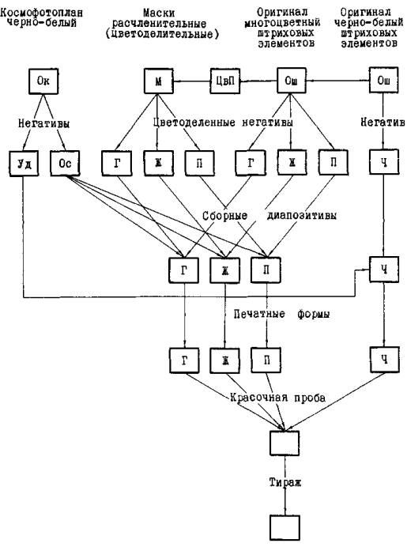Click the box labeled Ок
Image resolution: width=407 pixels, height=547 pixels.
point(43,81)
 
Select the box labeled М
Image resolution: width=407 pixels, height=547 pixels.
point(159,81)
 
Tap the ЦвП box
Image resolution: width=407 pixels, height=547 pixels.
point(225,81)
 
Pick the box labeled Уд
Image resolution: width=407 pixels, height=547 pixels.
point(24,164)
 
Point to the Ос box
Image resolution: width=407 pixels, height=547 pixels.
point(66,163)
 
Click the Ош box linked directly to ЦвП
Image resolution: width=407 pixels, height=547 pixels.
point(292,81)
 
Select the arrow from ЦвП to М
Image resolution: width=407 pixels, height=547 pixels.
point(192,81)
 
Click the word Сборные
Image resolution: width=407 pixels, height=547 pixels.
point(225,216)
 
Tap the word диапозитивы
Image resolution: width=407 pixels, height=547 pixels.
point(302,216)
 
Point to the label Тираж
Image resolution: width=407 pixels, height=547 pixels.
point(285,482)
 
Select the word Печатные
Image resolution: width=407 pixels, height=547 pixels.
point(259,315)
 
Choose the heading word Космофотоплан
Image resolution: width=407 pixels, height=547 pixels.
point(42,13)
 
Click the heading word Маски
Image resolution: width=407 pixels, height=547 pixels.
point(159,13)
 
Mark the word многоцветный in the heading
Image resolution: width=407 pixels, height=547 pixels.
point(282,23)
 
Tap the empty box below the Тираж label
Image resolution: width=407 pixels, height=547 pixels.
point(285,528)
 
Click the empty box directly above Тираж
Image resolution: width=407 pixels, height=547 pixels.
point(285,443)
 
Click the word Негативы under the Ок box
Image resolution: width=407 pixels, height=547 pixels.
point(44,123)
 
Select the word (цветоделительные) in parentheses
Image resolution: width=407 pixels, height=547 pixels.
point(162,34)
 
